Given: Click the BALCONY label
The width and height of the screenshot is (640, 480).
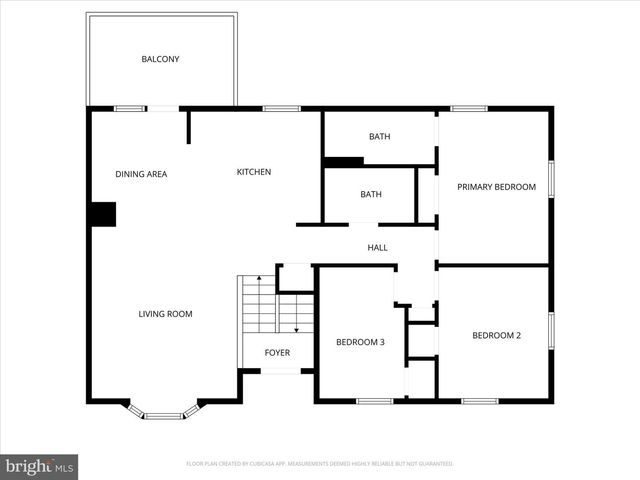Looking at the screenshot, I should coord(160,59).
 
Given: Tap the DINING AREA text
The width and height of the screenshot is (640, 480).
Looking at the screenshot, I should coord(141,174).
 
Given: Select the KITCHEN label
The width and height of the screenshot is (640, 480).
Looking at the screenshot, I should coord(253,172).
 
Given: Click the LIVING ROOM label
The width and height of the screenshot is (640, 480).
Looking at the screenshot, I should coord(165,314).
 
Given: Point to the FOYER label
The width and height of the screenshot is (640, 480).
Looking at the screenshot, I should coord(277,353).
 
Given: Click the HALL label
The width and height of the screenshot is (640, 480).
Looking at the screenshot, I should coord(377,248).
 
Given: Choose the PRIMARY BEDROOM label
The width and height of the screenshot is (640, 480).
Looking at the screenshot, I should coord(496,187).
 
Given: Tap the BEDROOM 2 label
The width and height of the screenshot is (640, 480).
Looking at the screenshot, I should coord(496,335).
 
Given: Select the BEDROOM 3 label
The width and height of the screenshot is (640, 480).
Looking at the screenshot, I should coord(360,342).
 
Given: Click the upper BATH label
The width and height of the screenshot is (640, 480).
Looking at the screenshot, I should coord(379,137).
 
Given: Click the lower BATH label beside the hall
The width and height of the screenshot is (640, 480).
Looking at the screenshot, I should coord(371,194).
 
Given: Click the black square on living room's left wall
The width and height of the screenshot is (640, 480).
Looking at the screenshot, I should coord(103,214).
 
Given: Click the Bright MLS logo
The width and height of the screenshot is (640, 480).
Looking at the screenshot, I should coord(40,466).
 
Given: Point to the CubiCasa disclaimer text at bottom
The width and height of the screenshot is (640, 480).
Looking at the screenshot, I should coord(320,464).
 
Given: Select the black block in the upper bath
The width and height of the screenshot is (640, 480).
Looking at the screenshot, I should coord(343,161).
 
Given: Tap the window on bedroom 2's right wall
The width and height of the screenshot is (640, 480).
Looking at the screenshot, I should coord(550,330).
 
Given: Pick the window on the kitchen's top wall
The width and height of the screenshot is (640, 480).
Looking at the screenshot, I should coord(275,108).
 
